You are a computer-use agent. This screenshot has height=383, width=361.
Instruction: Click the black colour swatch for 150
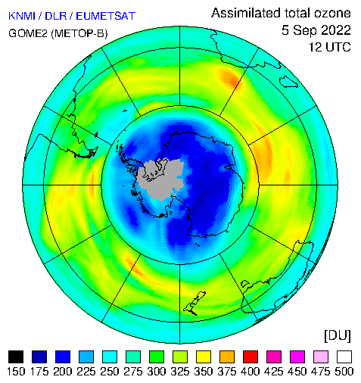(x=16, y=357)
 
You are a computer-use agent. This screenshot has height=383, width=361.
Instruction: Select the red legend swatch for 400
(x=251, y=357)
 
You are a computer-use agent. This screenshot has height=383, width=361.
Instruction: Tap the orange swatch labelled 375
(x=227, y=357)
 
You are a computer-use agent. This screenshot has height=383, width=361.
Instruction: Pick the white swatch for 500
(x=344, y=357)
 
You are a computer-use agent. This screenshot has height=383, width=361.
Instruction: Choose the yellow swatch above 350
(x=204, y=357)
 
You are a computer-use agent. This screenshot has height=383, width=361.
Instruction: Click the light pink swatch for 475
(x=321, y=357)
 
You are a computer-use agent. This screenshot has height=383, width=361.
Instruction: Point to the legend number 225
(x=86, y=372)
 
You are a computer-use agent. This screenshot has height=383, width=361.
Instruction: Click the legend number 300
(x=157, y=372)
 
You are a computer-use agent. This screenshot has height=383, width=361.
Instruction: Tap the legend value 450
(x=297, y=372)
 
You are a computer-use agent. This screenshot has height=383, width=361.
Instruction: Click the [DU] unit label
(x=338, y=335)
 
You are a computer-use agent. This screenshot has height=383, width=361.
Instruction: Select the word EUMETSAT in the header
(x=105, y=16)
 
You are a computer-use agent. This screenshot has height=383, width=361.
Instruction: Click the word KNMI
(x=21, y=16)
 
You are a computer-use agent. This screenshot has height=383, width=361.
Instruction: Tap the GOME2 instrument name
(x=28, y=33)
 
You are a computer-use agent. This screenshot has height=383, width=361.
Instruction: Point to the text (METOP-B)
(x=79, y=33)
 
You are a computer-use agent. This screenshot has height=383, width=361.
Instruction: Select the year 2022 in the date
(x=336, y=30)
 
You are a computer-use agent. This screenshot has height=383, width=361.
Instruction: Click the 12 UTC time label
(x=330, y=47)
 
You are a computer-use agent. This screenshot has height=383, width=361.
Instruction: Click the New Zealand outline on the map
(x=195, y=304)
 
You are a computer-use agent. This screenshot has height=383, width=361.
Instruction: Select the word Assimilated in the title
(x=246, y=13)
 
